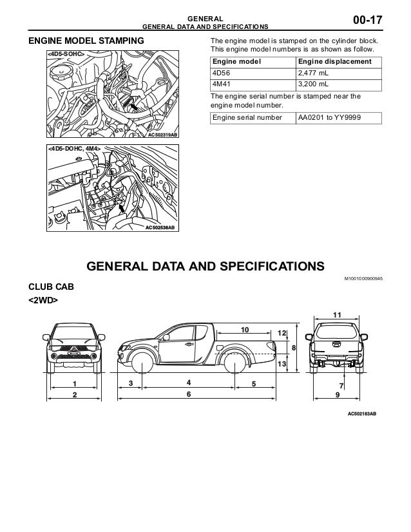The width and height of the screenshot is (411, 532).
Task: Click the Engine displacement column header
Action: tap(334, 61)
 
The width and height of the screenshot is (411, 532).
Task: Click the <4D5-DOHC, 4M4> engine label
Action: tap(73, 149)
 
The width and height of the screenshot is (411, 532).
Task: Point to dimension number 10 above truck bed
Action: tap(244, 329)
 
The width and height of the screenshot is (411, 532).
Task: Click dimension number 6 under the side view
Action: tap(188, 394)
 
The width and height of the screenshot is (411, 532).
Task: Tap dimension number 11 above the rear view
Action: tap(336, 314)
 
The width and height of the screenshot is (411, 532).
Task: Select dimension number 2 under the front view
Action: tap(74, 394)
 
